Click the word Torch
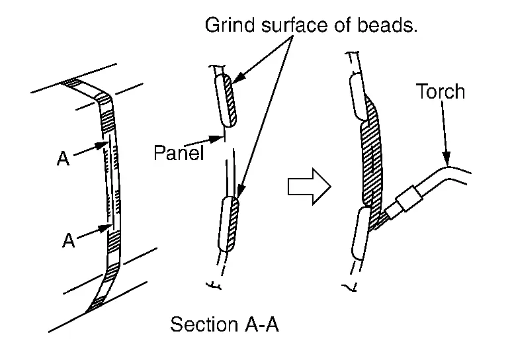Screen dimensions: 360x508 pyautogui.click(x=440, y=91)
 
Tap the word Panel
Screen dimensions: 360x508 pyautogui.click(x=177, y=153)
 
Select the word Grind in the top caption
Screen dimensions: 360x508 pyautogui.click(x=227, y=26)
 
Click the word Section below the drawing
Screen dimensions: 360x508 pyautogui.click(x=204, y=325)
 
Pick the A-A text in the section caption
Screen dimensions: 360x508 pyautogui.click(x=263, y=325)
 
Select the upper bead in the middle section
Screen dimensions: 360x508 pyautogui.click(x=224, y=100)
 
